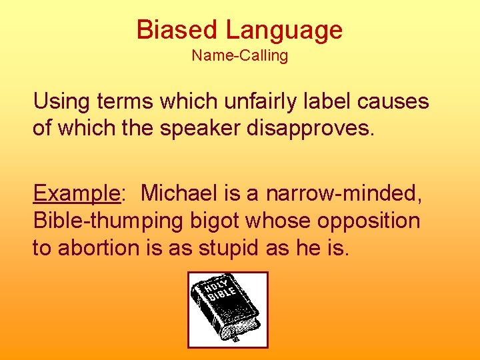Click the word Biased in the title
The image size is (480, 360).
177,30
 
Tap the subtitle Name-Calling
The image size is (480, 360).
240,56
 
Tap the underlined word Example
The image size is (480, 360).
76,194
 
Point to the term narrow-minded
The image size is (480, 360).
345,194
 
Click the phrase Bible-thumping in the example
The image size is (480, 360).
105,220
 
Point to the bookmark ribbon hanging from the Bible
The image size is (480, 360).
234,338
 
